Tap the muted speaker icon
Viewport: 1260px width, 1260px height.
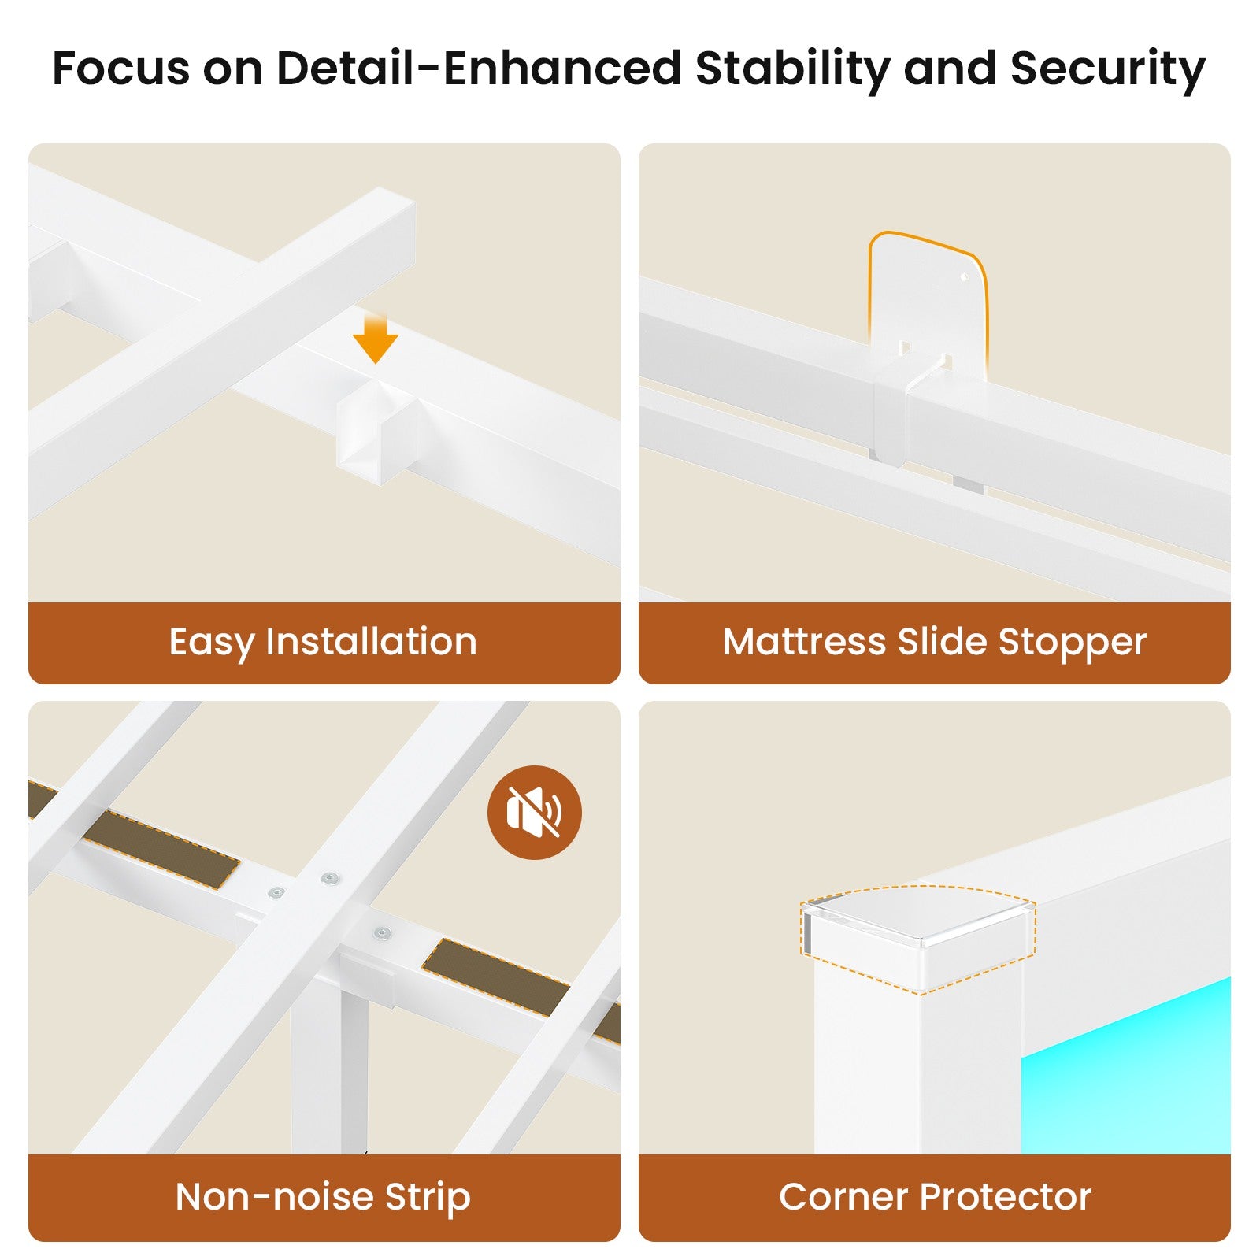click(x=534, y=812)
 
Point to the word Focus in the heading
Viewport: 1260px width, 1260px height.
click(x=120, y=69)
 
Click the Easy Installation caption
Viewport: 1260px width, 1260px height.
click(x=323, y=642)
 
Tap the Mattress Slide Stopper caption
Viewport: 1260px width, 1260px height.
click(x=934, y=642)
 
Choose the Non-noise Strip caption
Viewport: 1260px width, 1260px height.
click(x=323, y=1197)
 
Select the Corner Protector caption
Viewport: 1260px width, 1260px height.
click(x=935, y=1197)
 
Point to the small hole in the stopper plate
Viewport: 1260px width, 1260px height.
click(x=965, y=277)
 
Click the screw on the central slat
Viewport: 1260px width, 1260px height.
click(x=328, y=877)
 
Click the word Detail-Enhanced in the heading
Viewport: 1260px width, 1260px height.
click(x=479, y=69)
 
